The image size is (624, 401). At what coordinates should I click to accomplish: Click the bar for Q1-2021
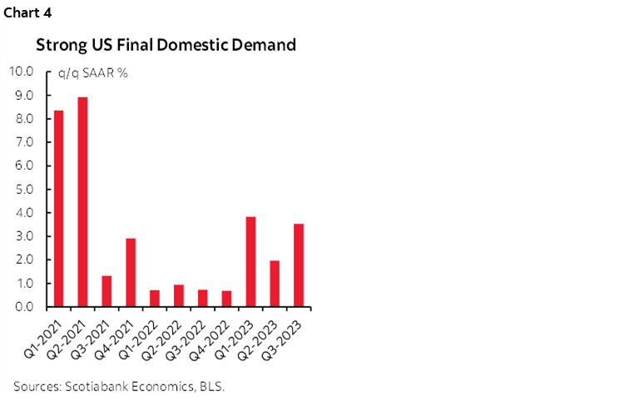pos(58,208)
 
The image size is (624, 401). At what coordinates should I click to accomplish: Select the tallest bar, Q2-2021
pos(82,202)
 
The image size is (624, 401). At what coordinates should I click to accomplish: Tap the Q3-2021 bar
pos(106,291)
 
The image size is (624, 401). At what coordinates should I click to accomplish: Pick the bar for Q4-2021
pos(131,272)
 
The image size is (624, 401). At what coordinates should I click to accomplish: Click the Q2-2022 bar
pos(178,295)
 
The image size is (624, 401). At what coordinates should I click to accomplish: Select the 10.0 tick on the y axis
pos(20,72)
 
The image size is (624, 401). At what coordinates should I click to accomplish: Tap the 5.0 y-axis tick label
pos(22,189)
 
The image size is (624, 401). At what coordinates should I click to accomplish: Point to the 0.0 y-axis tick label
pos(22,307)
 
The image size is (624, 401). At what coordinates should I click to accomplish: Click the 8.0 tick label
pos(22,119)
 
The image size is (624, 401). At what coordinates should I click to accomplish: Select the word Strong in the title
pos(57,45)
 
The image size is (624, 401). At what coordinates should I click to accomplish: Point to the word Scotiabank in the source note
pos(92,384)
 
